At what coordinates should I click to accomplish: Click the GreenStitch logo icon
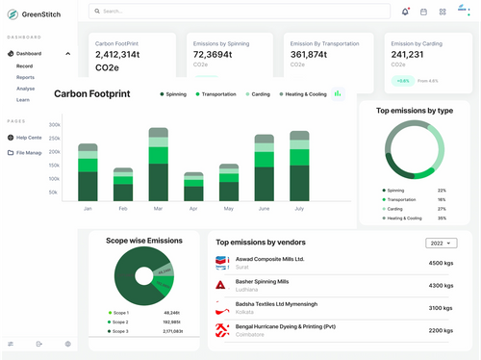click(x=13, y=13)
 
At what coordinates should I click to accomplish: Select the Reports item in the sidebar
click(x=26, y=76)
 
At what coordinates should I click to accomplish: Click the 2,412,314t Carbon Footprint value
click(x=122, y=55)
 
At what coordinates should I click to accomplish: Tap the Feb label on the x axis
click(x=123, y=208)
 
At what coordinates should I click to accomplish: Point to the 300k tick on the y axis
click(x=54, y=124)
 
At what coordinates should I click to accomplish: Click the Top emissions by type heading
click(x=414, y=111)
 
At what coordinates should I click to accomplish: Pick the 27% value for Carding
click(x=442, y=209)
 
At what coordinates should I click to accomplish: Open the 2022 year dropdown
click(x=441, y=244)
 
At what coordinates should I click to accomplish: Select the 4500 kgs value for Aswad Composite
click(x=441, y=263)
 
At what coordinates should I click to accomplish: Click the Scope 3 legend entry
click(x=120, y=330)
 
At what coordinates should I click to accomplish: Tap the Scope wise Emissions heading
click(x=143, y=241)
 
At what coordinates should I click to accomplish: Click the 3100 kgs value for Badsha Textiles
click(x=441, y=308)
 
